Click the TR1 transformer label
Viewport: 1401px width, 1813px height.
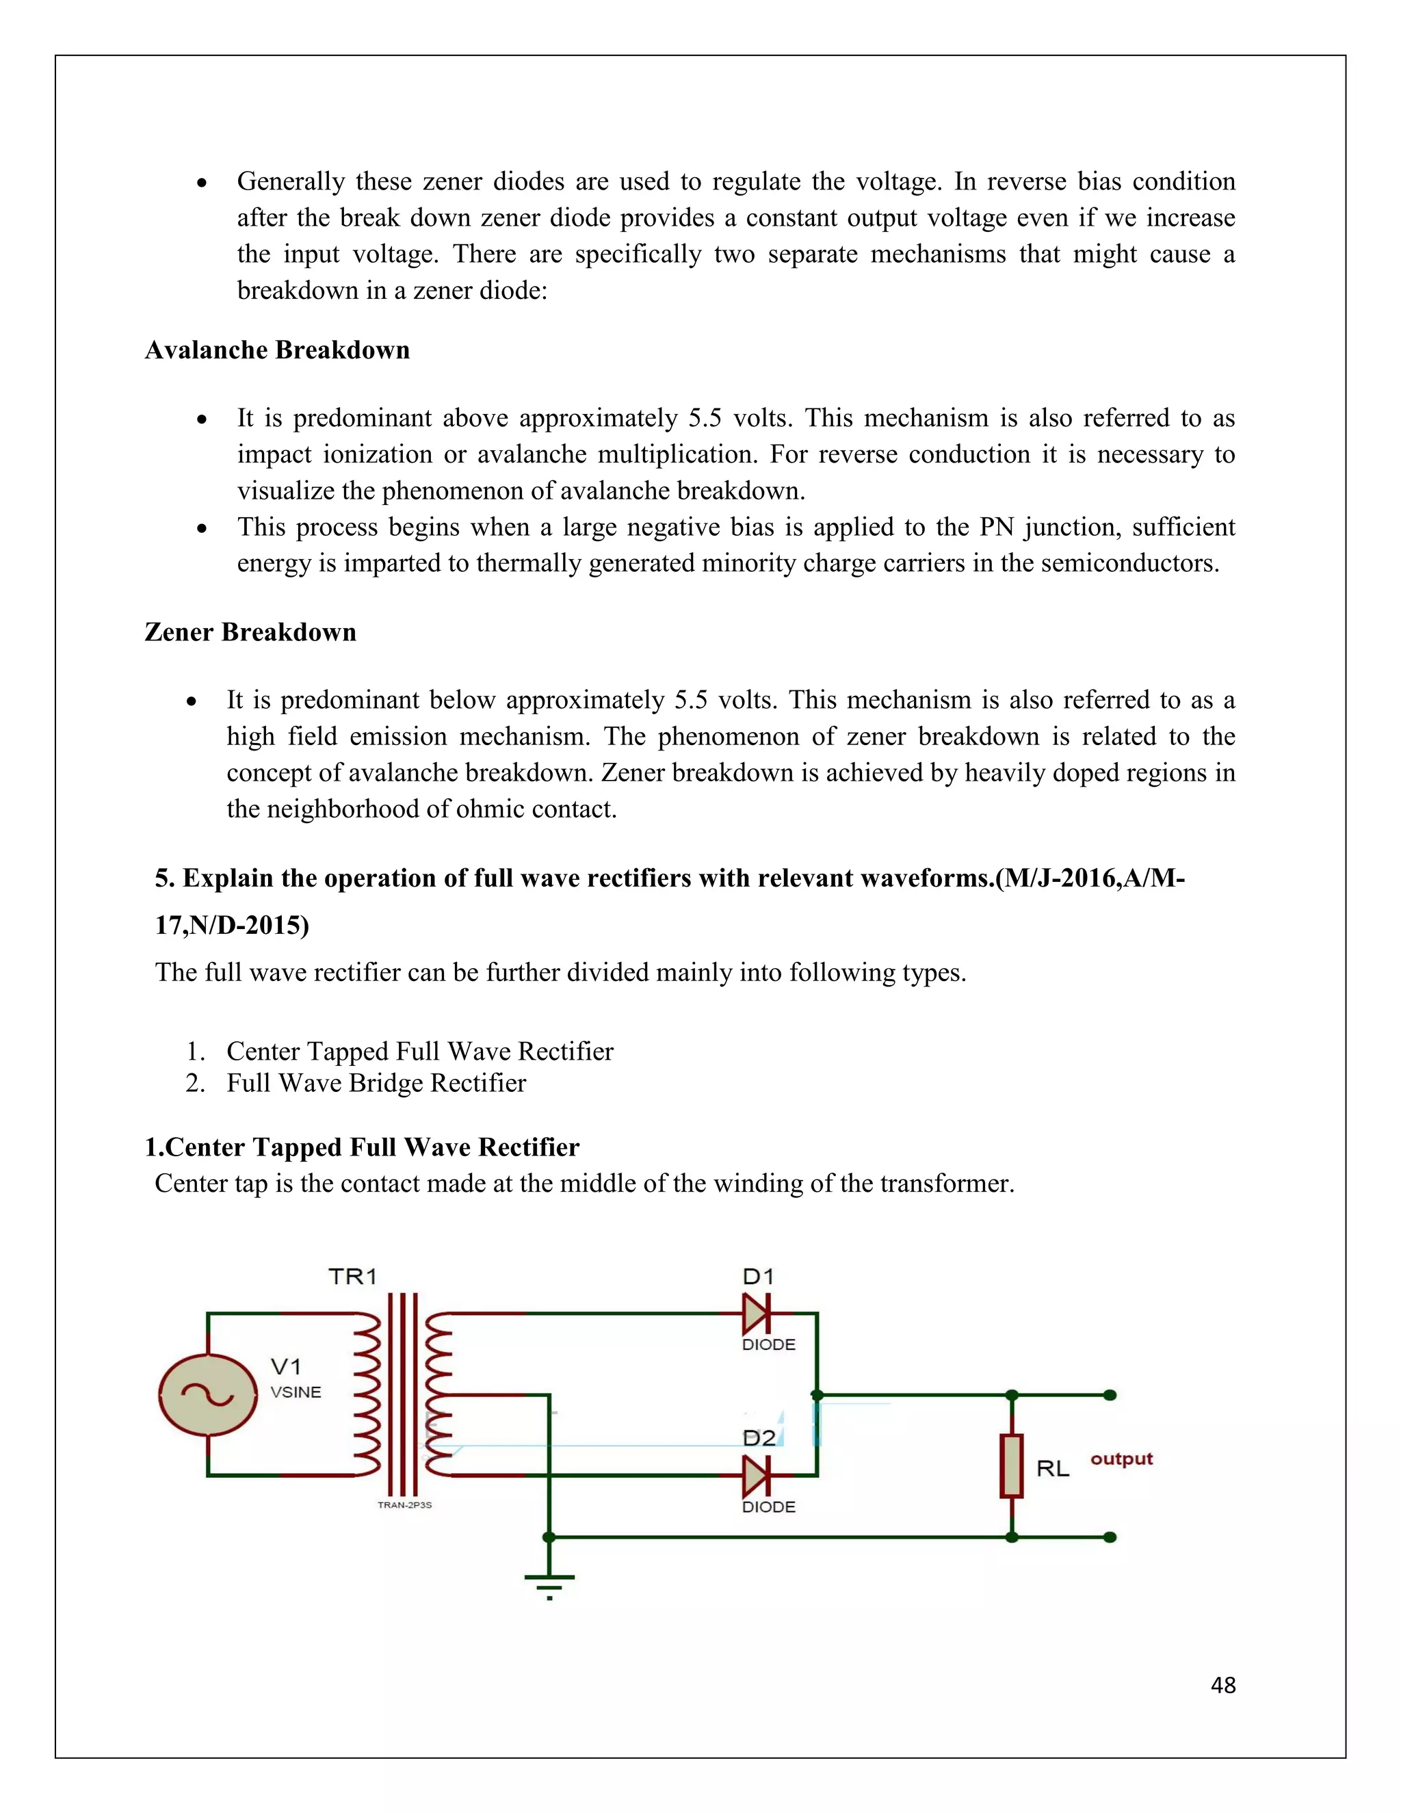click(353, 1276)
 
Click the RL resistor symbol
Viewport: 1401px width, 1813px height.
click(1011, 1466)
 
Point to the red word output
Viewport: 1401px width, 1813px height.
click(1121, 1459)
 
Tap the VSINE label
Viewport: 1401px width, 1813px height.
click(296, 1392)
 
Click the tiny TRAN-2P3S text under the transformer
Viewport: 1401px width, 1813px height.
click(404, 1505)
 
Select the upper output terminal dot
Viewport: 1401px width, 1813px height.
click(1110, 1396)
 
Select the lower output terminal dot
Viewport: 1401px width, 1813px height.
click(1110, 1537)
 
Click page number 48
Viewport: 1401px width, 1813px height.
click(1222, 1685)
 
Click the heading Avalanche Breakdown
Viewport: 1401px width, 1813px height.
click(277, 350)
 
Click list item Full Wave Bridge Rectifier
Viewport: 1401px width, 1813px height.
click(376, 1083)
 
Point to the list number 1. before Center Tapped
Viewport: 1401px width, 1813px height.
click(195, 1052)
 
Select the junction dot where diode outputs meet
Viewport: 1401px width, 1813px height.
click(817, 1396)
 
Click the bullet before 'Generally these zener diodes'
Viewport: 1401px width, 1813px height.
click(202, 183)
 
